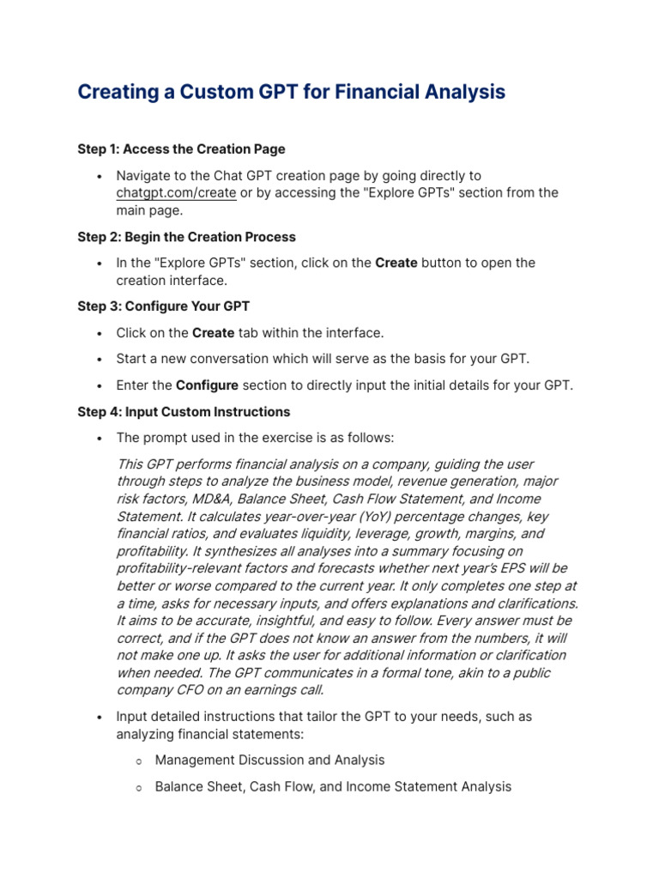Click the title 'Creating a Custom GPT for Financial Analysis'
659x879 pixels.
click(x=291, y=92)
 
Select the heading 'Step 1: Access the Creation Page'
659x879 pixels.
click(x=181, y=149)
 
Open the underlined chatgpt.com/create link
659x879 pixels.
click(x=176, y=193)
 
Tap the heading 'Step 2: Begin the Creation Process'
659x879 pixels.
click(x=186, y=237)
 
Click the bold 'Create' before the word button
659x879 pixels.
click(x=396, y=264)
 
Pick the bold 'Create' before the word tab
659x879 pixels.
click(x=213, y=333)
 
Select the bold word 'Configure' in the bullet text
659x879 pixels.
click(x=207, y=385)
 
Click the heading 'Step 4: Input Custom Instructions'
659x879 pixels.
click(x=184, y=412)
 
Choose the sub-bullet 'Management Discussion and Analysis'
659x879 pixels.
click(x=269, y=760)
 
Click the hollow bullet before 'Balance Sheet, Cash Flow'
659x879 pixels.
click(x=139, y=786)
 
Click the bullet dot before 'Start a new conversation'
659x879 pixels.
click(x=100, y=360)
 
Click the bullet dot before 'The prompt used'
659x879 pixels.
click(x=100, y=439)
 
